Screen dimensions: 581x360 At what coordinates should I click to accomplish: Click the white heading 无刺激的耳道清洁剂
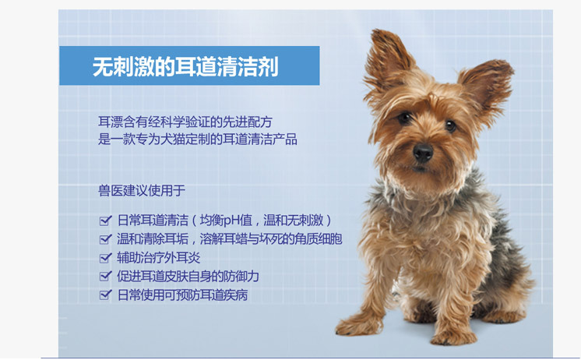185,67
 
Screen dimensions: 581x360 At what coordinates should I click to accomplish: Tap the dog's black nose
423,152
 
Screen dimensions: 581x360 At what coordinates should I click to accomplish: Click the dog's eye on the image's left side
404,118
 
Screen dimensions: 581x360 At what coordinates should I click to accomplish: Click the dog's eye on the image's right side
450,125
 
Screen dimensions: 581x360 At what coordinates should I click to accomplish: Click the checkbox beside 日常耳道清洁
106,221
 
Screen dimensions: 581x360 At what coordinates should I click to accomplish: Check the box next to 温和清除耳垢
106,239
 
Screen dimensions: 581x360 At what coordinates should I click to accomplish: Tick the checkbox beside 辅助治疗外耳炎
106,258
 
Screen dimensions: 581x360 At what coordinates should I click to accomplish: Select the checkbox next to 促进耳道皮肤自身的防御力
106,276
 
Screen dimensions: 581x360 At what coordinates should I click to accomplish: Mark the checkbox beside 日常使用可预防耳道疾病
106,295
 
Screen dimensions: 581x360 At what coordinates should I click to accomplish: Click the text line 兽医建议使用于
142,191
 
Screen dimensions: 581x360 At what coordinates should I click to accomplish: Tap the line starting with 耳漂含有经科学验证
185,122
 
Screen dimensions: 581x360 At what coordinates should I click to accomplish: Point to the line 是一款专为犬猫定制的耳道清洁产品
198,139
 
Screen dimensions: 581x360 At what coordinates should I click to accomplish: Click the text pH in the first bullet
231,221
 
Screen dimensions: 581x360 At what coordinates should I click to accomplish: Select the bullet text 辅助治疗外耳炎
159,258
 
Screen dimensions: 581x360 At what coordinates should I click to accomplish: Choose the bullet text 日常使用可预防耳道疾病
182,295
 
